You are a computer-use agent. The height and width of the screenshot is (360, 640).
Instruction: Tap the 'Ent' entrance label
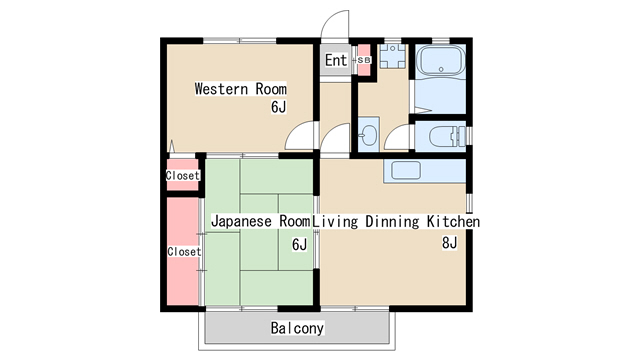pos(336,61)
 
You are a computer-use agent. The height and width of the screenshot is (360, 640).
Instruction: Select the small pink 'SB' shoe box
pos(362,60)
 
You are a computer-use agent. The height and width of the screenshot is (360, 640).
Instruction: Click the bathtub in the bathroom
pos(438,63)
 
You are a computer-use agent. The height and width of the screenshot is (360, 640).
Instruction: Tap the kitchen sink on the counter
pos(405,170)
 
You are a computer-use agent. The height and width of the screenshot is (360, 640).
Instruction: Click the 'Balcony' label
pos(297,328)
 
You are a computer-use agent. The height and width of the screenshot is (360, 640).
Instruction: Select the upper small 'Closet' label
pos(183,176)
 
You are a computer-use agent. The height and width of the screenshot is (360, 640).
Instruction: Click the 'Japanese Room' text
pos(260,221)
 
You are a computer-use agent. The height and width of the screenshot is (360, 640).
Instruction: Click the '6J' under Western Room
pos(279,107)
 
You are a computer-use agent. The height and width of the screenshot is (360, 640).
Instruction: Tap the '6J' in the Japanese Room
pos(299,244)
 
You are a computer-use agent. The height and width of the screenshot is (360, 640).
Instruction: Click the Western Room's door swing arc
pos(298,138)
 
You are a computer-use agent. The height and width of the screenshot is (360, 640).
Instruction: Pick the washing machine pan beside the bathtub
pos(391,56)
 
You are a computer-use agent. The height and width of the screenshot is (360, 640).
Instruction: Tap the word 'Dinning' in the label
pos(391,221)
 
